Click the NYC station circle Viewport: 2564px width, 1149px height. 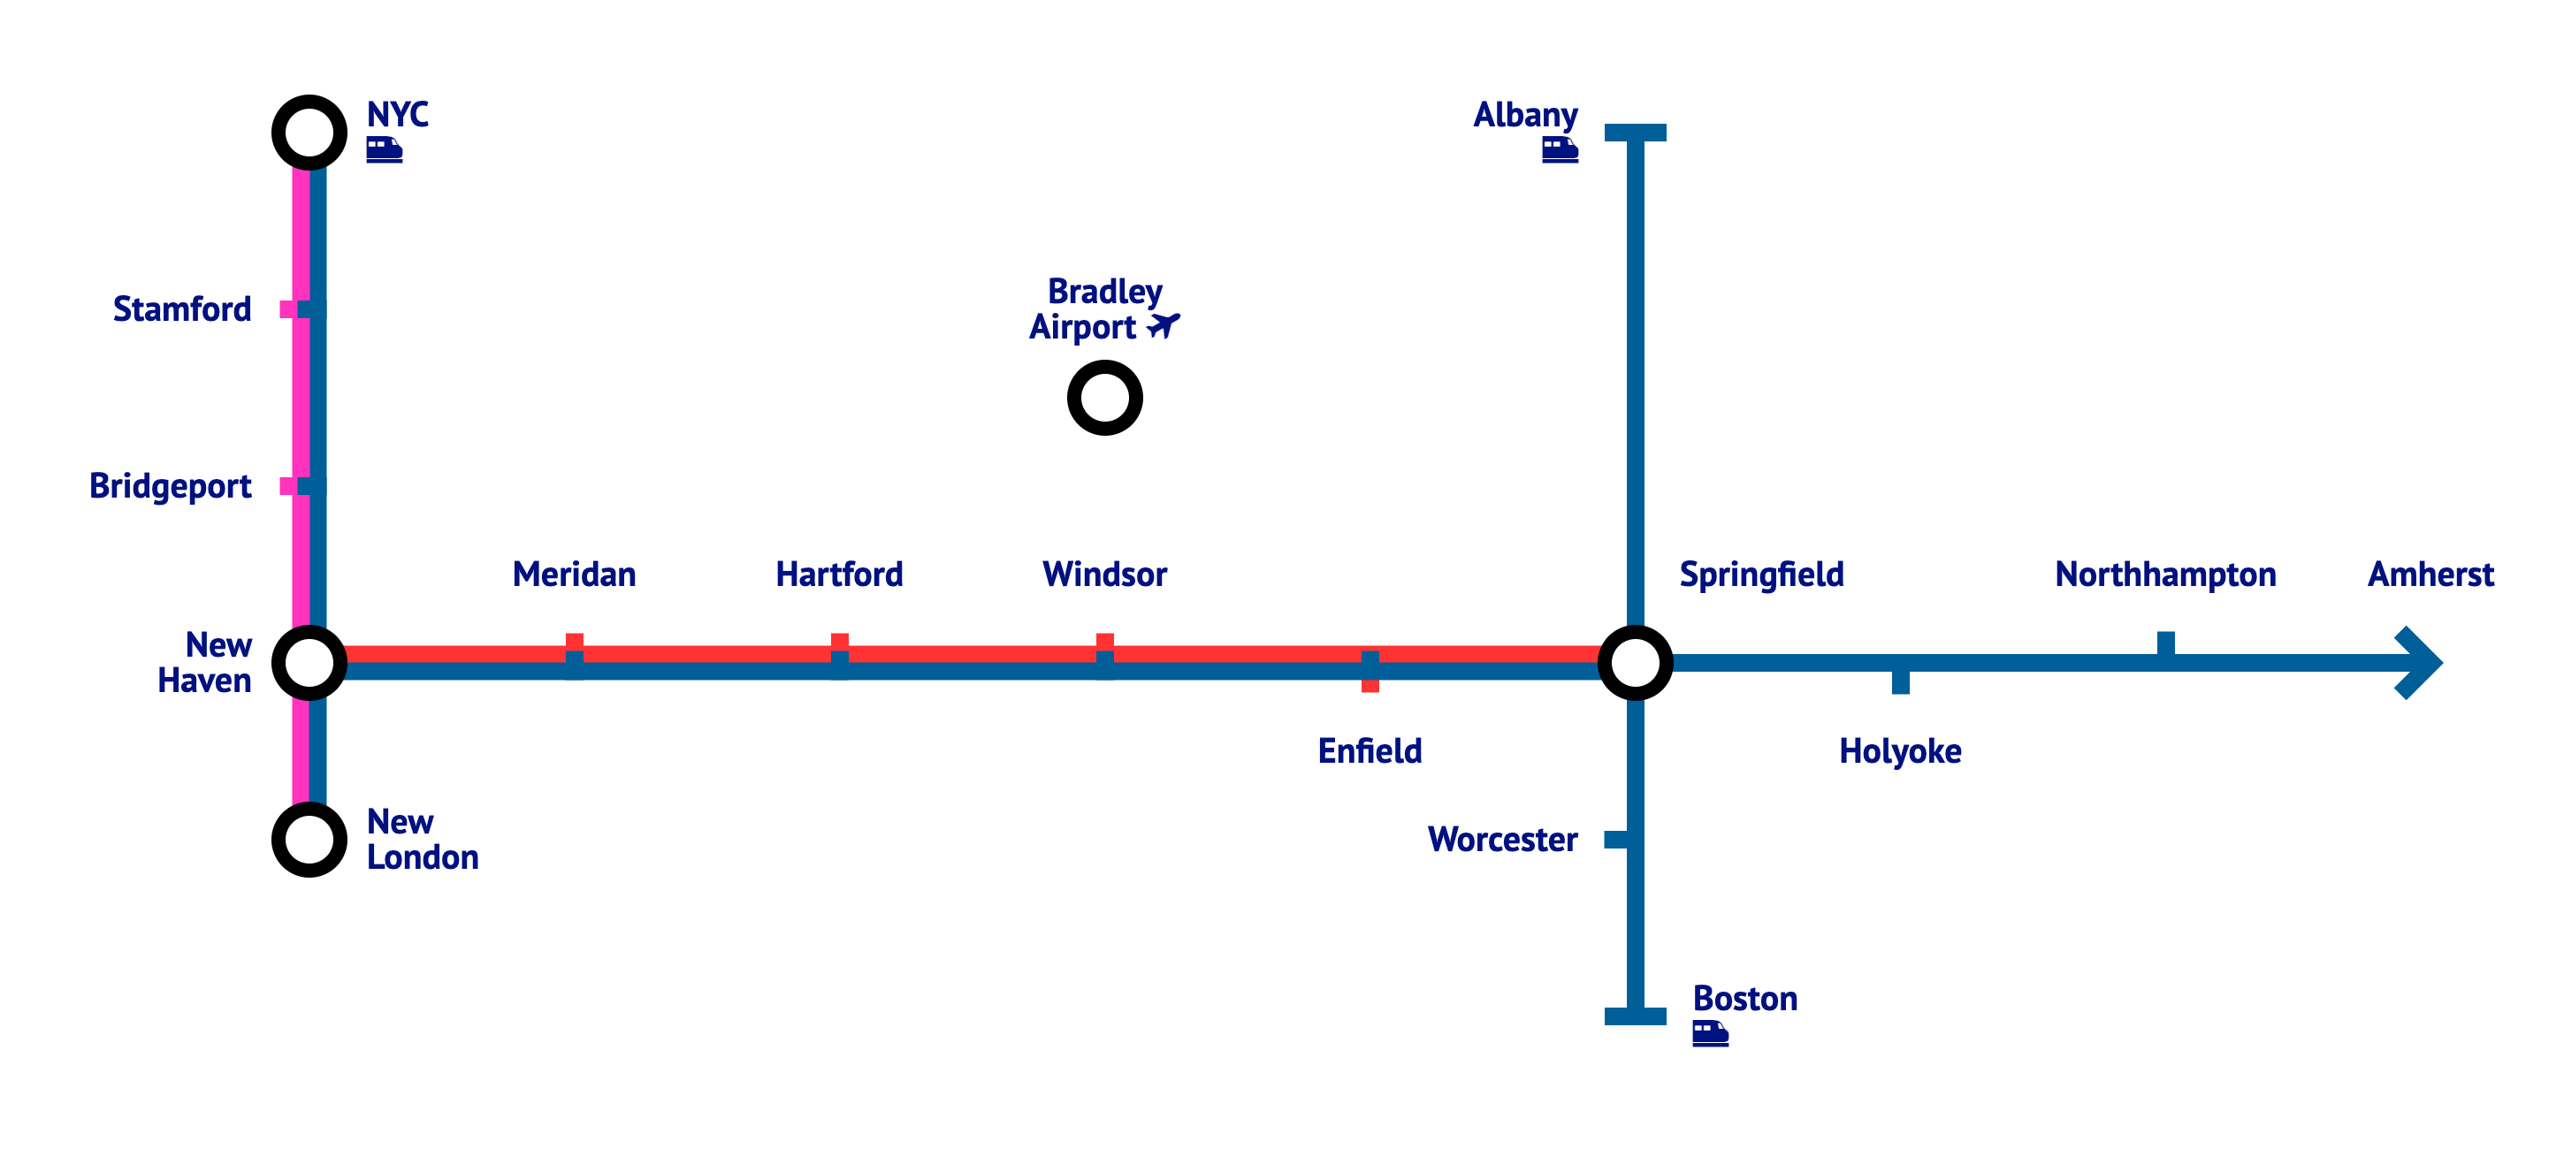click(309, 133)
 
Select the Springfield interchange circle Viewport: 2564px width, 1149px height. click(1635, 663)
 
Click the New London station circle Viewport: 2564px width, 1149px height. click(309, 840)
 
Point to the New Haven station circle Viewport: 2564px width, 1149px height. click(309, 663)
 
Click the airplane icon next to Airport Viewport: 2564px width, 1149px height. click(1163, 325)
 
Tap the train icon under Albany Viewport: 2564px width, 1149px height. click(1560, 150)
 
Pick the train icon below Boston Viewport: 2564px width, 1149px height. click(1710, 1033)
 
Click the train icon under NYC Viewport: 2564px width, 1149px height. click(385, 150)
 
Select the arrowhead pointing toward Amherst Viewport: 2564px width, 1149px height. click(2419, 663)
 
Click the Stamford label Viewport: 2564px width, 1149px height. click(182, 309)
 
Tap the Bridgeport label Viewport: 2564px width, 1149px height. click(171, 486)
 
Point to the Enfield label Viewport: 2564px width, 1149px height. click(1370, 751)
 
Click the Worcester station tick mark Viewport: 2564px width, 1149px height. click(1616, 840)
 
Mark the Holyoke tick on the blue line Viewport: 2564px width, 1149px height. click(1900, 682)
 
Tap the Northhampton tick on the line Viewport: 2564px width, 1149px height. click(2165, 643)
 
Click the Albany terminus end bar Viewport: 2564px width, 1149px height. click(1635, 133)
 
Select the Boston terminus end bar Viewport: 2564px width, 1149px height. click(1635, 1016)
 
